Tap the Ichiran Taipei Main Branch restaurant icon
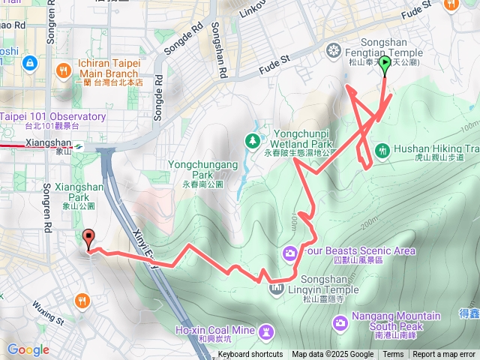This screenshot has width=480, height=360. pyautogui.click(x=64, y=71)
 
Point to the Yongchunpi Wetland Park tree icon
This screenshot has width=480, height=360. pyautogui.click(x=253, y=139)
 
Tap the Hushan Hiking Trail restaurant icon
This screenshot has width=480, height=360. pyautogui.click(x=382, y=149)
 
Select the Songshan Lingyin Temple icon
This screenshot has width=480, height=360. pyautogui.click(x=277, y=288)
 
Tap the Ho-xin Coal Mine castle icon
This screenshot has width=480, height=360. pyautogui.click(x=267, y=331)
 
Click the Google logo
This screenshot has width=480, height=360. pyautogui.click(x=28, y=349)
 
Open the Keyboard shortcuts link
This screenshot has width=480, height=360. pyautogui.click(x=250, y=355)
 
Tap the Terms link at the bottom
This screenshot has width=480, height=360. pyautogui.click(x=393, y=355)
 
